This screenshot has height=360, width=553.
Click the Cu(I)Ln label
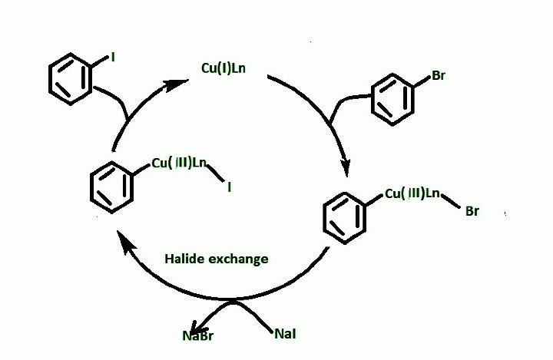(224, 69)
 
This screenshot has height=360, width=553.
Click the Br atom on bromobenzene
(438, 75)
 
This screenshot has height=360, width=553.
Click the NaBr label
(197, 335)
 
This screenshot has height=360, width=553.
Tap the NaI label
(285, 334)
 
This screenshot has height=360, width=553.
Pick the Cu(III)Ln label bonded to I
(179, 162)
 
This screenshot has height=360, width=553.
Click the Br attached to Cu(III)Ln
(472, 211)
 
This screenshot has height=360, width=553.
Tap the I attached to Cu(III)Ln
(229, 185)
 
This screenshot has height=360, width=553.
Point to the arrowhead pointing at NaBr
(200, 323)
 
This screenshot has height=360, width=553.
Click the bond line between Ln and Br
(452, 202)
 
